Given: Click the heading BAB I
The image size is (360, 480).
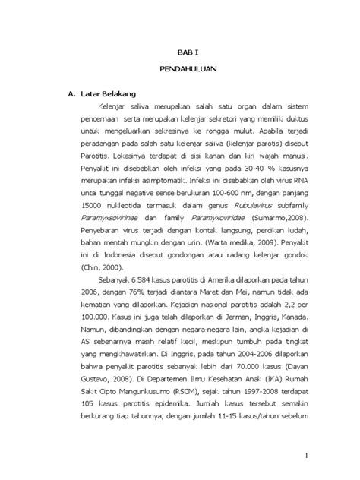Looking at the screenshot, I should [180, 52].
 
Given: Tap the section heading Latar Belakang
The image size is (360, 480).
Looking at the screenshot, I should [105, 94].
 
